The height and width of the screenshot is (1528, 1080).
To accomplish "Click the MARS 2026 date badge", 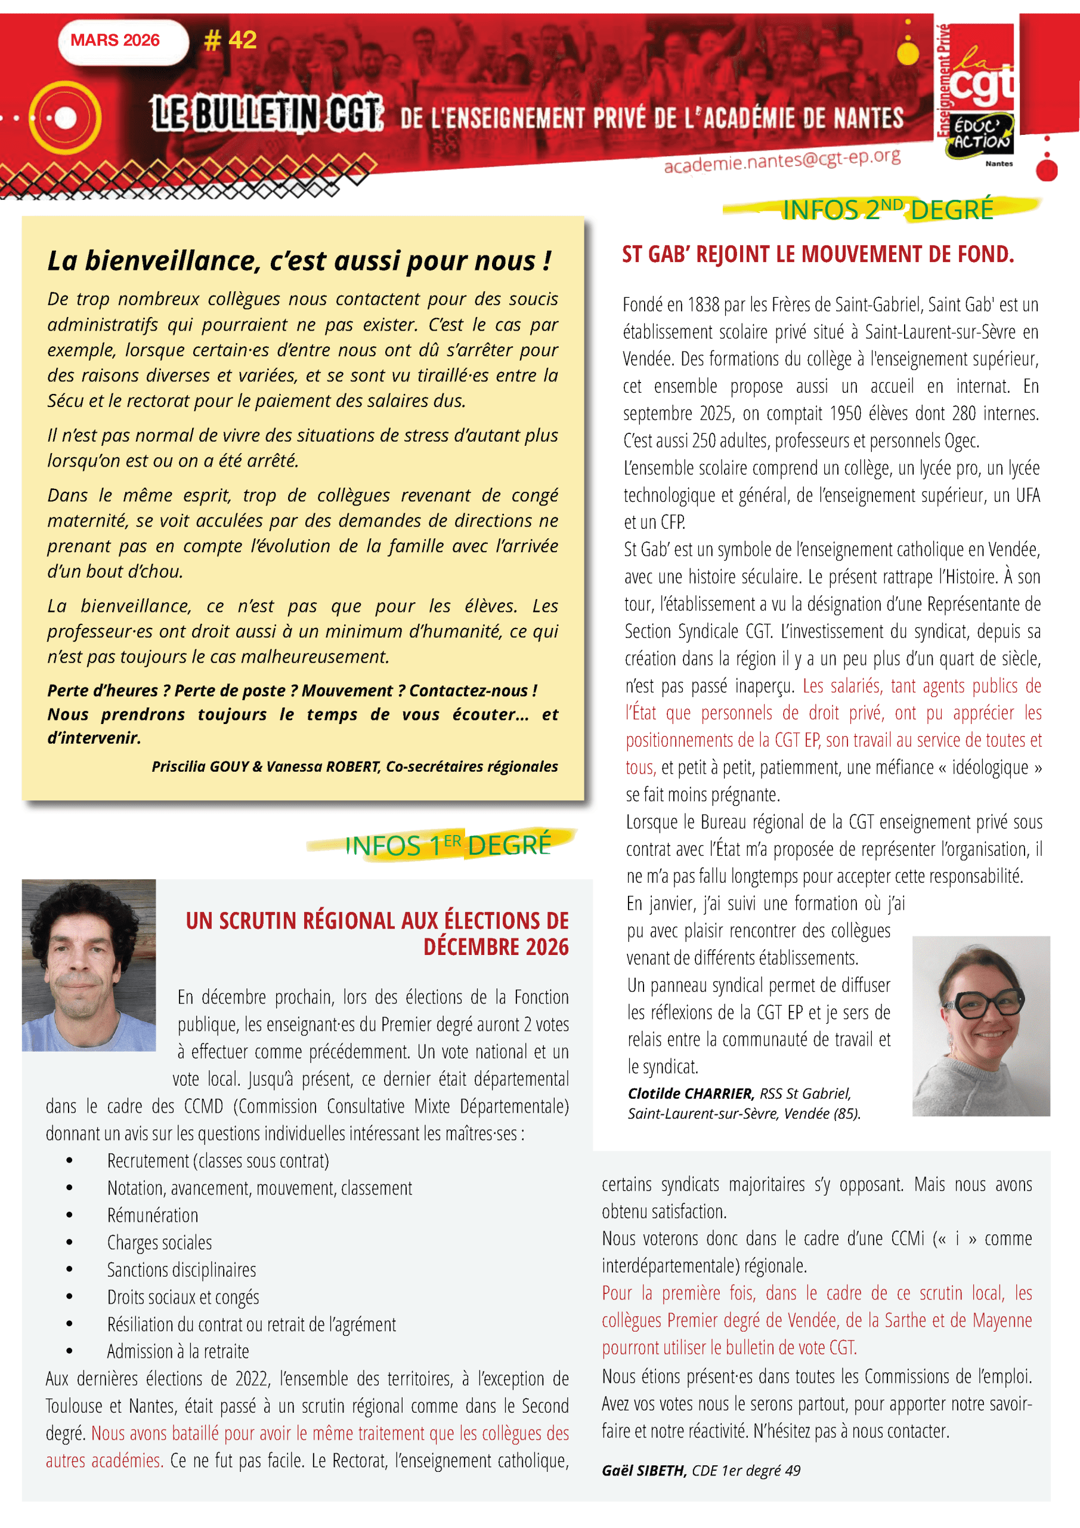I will [115, 41].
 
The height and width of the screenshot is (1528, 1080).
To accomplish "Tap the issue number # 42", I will [230, 41].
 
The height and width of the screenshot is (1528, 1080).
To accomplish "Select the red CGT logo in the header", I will [982, 73].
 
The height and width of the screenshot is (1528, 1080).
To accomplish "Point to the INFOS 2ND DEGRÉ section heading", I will [887, 210].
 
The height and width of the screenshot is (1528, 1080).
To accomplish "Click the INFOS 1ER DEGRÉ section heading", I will [447, 845].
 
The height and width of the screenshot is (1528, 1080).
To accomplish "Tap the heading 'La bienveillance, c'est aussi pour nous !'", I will [299, 260].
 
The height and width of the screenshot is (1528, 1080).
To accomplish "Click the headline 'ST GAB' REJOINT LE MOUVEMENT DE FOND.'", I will [818, 254].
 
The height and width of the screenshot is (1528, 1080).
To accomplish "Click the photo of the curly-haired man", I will [89, 965].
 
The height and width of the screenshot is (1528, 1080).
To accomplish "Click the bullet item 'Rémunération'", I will [153, 1215].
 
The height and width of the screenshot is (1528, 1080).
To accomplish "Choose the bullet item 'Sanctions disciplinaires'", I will [181, 1270].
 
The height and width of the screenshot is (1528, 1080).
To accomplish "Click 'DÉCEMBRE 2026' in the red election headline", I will [496, 947].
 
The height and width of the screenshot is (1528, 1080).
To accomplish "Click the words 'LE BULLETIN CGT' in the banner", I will [267, 114].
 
